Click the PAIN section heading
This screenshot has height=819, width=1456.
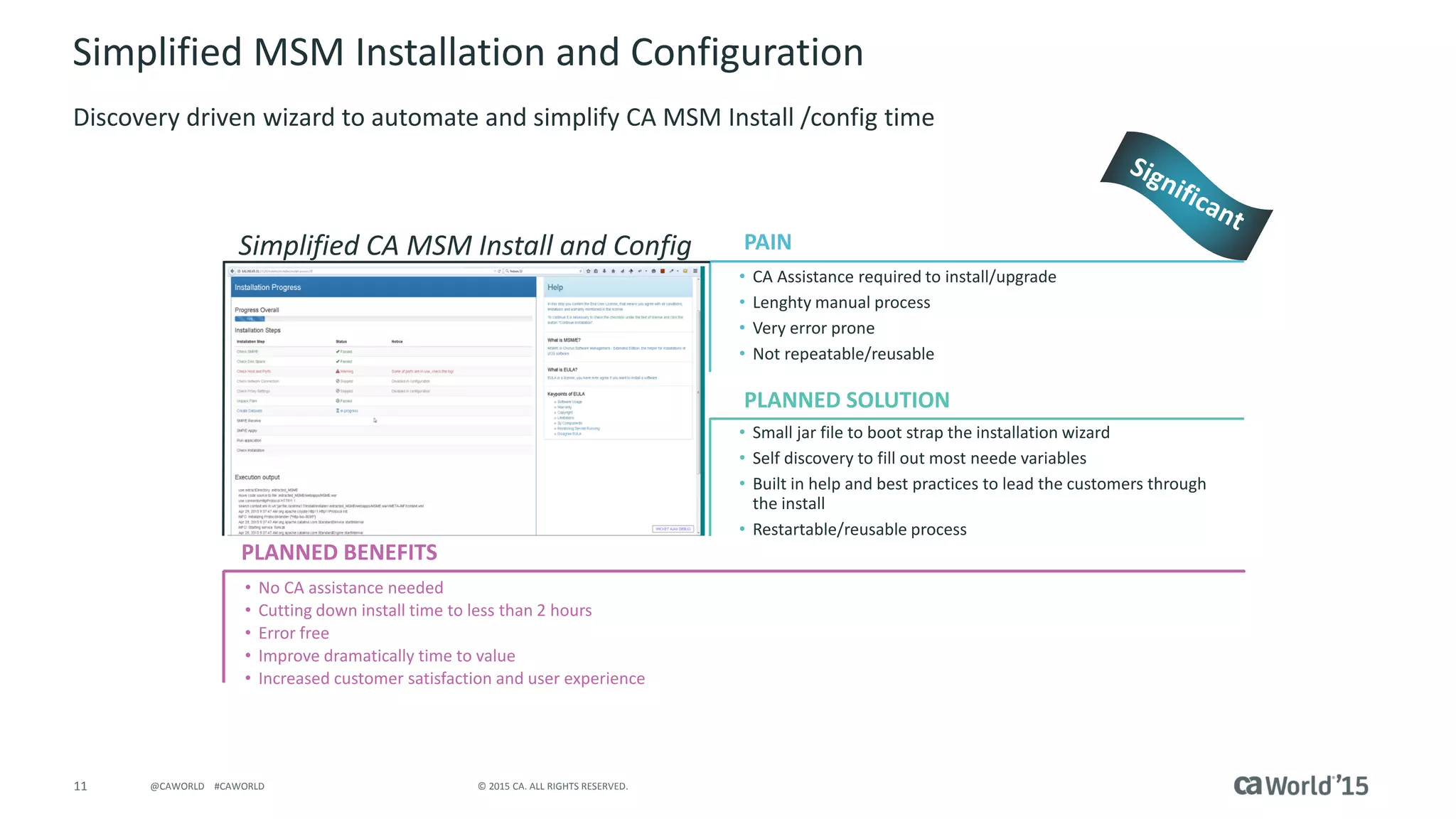pyautogui.click(x=767, y=242)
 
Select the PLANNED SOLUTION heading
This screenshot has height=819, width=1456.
pyautogui.click(x=846, y=400)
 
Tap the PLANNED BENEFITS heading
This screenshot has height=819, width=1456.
pyautogui.click(x=339, y=552)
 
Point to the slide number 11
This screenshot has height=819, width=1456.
pyautogui.click(x=80, y=786)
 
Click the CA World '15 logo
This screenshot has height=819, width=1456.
pyautogui.click(x=1300, y=786)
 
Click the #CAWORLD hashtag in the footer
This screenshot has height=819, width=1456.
pyautogui.click(x=239, y=786)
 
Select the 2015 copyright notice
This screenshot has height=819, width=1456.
pyautogui.click(x=552, y=786)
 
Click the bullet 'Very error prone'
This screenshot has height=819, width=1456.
pyautogui.click(x=813, y=328)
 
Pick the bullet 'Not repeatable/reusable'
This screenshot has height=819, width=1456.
pyautogui.click(x=843, y=354)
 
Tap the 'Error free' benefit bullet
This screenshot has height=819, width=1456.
pyautogui.click(x=294, y=633)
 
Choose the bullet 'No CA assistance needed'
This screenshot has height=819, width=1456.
pyautogui.click(x=350, y=588)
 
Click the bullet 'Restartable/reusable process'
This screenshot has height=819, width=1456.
pyautogui.click(x=860, y=530)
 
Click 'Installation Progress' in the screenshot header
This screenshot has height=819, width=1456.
pyautogui.click(x=268, y=287)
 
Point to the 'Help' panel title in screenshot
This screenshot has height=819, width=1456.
pyautogui.click(x=555, y=287)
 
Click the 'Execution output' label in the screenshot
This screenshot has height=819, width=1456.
pyautogui.click(x=257, y=477)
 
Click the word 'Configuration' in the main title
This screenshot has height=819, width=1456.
pyautogui.click(x=746, y=53)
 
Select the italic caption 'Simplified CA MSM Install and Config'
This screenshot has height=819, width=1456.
pyautogui.click(x=465, y=245)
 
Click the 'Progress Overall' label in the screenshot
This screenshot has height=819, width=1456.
pyautogui.click(x=257, y=310)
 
